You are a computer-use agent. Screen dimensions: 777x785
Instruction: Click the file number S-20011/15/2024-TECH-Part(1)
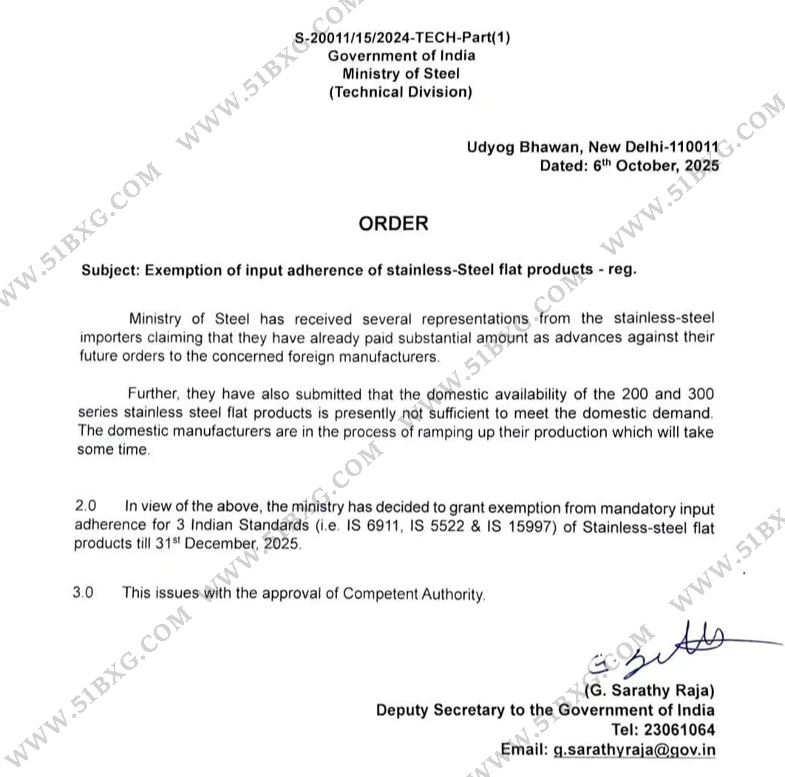402,38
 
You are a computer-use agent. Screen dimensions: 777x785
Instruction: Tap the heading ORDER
393,223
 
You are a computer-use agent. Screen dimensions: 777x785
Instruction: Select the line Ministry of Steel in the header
401,74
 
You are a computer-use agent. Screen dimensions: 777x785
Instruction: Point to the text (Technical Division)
401,92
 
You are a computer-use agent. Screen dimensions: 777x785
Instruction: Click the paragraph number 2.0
86,507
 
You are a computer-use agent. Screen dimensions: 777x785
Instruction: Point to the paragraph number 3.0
84,592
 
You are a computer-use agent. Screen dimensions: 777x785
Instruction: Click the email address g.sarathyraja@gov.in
634,749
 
